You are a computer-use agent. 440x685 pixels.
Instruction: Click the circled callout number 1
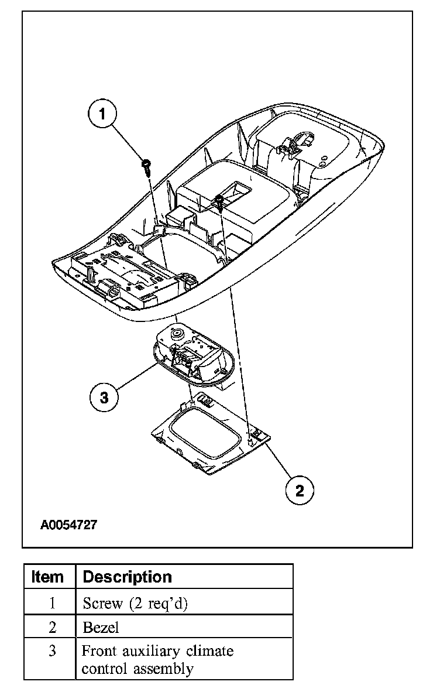pos(103,114)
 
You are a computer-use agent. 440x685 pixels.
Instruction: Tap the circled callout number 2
pos(300,489)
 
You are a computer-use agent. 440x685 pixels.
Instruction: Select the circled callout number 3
pos(104,398)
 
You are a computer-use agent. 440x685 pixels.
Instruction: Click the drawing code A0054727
pos(69,525)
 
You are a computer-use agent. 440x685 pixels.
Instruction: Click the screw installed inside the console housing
pos(218,201)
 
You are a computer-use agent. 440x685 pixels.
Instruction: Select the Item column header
pos(48,577)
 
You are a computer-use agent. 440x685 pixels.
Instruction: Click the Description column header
pos(128,577)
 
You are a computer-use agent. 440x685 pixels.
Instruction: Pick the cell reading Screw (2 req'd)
pos(135,602)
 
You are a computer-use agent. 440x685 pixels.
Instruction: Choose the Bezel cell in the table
pos(101,628)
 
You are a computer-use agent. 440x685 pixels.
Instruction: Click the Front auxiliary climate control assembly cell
pos(157,659)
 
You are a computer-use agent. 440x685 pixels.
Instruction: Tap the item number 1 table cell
pos(52,602)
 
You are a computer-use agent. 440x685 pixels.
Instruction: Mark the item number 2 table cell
pos(52,628)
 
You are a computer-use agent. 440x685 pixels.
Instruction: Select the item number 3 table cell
pos(52,651)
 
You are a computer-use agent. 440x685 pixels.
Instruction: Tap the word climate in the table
pos(209,651)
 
